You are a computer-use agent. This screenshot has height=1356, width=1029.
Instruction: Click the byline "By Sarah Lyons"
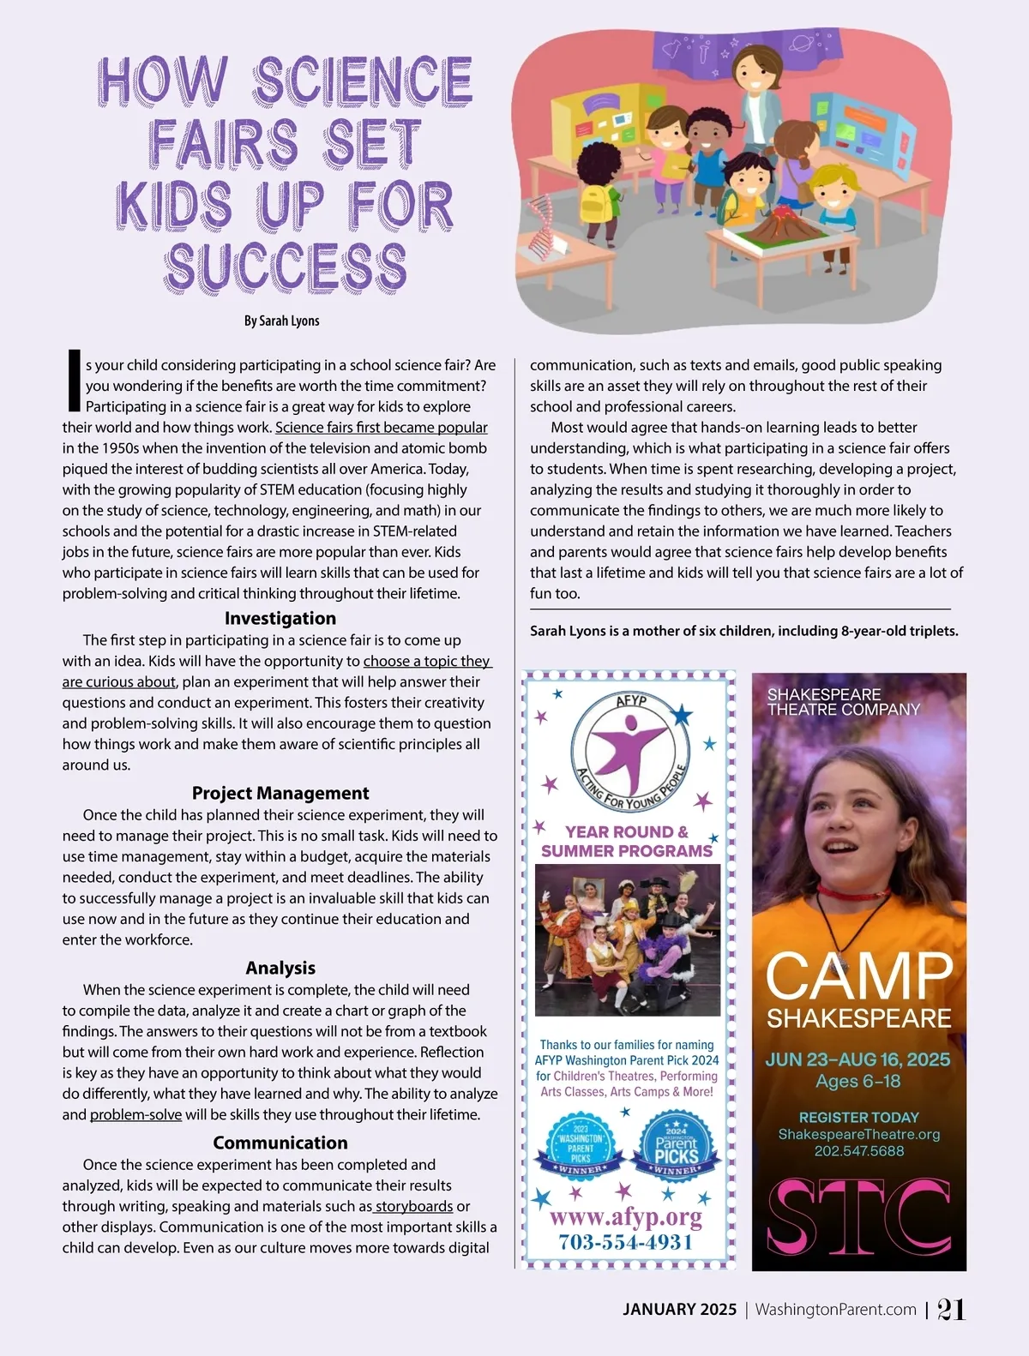click(x=281, y=321)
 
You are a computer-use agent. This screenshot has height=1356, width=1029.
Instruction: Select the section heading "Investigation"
click(x=280, y=618)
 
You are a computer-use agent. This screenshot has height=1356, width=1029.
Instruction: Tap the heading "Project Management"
click(x=280, y=793)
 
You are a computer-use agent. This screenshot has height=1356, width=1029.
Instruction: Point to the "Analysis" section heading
click(x=280, y=968)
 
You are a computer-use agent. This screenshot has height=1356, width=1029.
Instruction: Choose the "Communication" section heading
click(x=280, y=1143)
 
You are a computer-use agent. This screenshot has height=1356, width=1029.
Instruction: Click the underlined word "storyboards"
click(x=414, y=1206)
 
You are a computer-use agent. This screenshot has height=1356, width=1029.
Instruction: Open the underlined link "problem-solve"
click(x=135, y=1114)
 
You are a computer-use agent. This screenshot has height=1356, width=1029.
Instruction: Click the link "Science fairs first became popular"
click(x=381, y=427)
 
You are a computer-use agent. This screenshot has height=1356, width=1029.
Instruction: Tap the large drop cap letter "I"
click(x=74, y=381)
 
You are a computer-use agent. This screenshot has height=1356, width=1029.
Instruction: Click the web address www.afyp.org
click(x=626, y=1217)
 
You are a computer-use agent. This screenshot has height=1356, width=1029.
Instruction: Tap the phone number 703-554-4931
click(x=626, y=1242)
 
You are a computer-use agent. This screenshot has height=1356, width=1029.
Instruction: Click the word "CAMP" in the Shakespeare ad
click(x=858, y=975)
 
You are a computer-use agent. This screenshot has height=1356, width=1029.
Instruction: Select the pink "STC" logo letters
click(x=858, y=1215)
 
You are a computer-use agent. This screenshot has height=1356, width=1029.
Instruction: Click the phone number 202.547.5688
click(x=858, y=1151)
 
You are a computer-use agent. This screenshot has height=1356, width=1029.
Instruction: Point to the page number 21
click(x=951, y=1309)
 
